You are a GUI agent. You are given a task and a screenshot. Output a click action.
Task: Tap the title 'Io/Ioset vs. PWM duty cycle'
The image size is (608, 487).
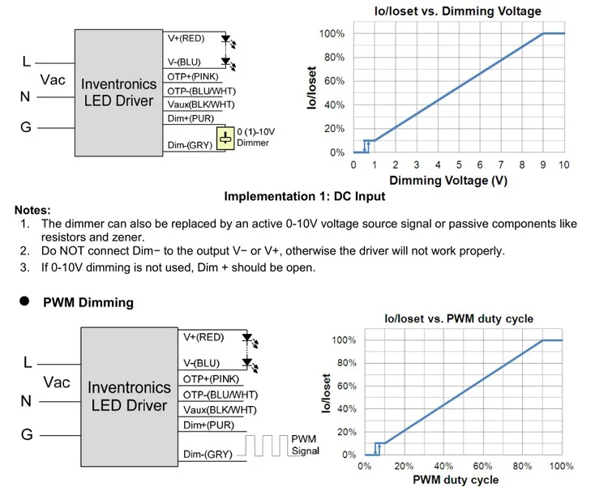(x=459, y=318)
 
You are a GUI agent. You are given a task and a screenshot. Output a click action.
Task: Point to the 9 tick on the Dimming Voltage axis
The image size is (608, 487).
(x=543, y=165)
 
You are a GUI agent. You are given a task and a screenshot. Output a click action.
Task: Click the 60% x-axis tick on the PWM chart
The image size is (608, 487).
(x=482, y=466)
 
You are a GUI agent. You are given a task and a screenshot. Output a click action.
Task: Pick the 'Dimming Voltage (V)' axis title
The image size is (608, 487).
(x=448, y=180)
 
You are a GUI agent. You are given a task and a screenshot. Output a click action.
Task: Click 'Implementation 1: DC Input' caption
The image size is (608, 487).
(x=305, y=196)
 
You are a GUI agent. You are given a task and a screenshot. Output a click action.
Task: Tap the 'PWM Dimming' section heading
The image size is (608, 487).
(x=88, y=303)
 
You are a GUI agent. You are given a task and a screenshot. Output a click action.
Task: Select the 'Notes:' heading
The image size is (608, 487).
(x=32, y=210)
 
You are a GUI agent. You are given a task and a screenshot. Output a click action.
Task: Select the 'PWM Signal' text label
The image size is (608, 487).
(x=305, y=445)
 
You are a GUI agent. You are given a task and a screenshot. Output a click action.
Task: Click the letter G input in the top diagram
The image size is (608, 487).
(x=26, y=128)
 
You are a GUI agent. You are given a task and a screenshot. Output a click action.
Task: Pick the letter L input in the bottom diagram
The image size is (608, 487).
(x=28, y=362)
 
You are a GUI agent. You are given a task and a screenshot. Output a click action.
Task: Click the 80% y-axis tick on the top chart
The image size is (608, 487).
(x=334, y=58)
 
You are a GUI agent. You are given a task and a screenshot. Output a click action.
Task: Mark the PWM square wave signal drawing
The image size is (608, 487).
(x=267, y=445)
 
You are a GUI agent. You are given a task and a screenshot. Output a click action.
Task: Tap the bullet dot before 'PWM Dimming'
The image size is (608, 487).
(x=25, y=302)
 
